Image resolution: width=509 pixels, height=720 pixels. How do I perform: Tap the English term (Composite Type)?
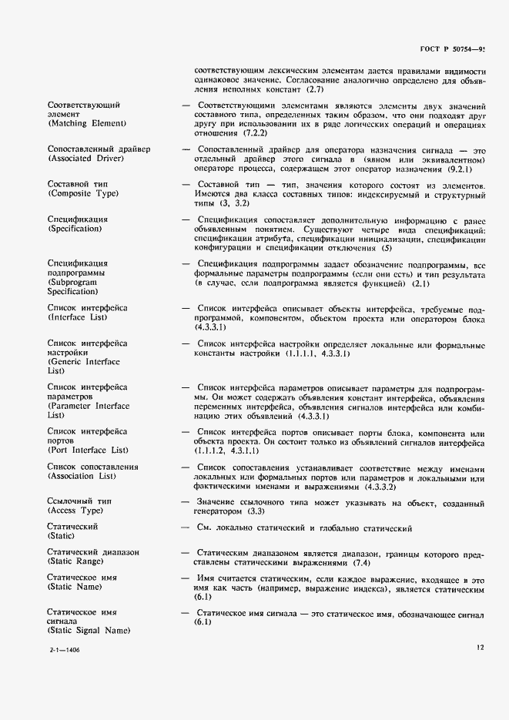click(x=83, y=195)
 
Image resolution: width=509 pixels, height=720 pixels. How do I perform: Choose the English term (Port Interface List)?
click(x=88, y=450)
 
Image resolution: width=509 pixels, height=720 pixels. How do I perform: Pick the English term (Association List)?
click(x=82, y=477)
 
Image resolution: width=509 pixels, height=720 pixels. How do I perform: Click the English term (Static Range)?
click(x=78, y=562)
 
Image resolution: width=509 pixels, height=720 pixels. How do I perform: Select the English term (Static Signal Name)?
click(x=89, y=631)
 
